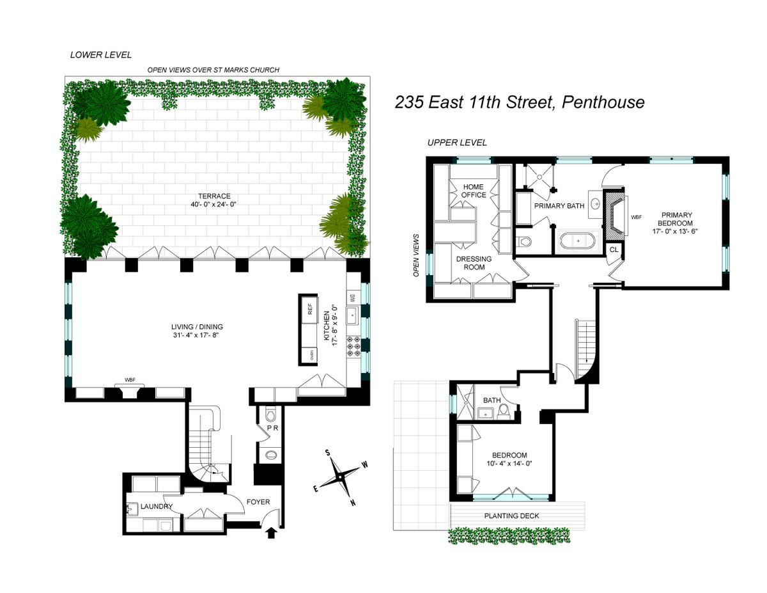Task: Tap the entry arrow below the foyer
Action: coord(271,532)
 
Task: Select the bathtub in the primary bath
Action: coord(578,242)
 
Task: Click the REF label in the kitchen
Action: coord(311,309)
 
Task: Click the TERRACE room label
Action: coord(213,196)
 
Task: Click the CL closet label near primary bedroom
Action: coord(613,249)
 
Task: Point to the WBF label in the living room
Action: coord(130,380)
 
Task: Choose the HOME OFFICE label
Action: coord(474,191)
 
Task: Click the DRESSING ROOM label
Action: coord(474,263)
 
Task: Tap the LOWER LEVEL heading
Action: coord(100,56)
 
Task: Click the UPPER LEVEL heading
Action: coord(457,143)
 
